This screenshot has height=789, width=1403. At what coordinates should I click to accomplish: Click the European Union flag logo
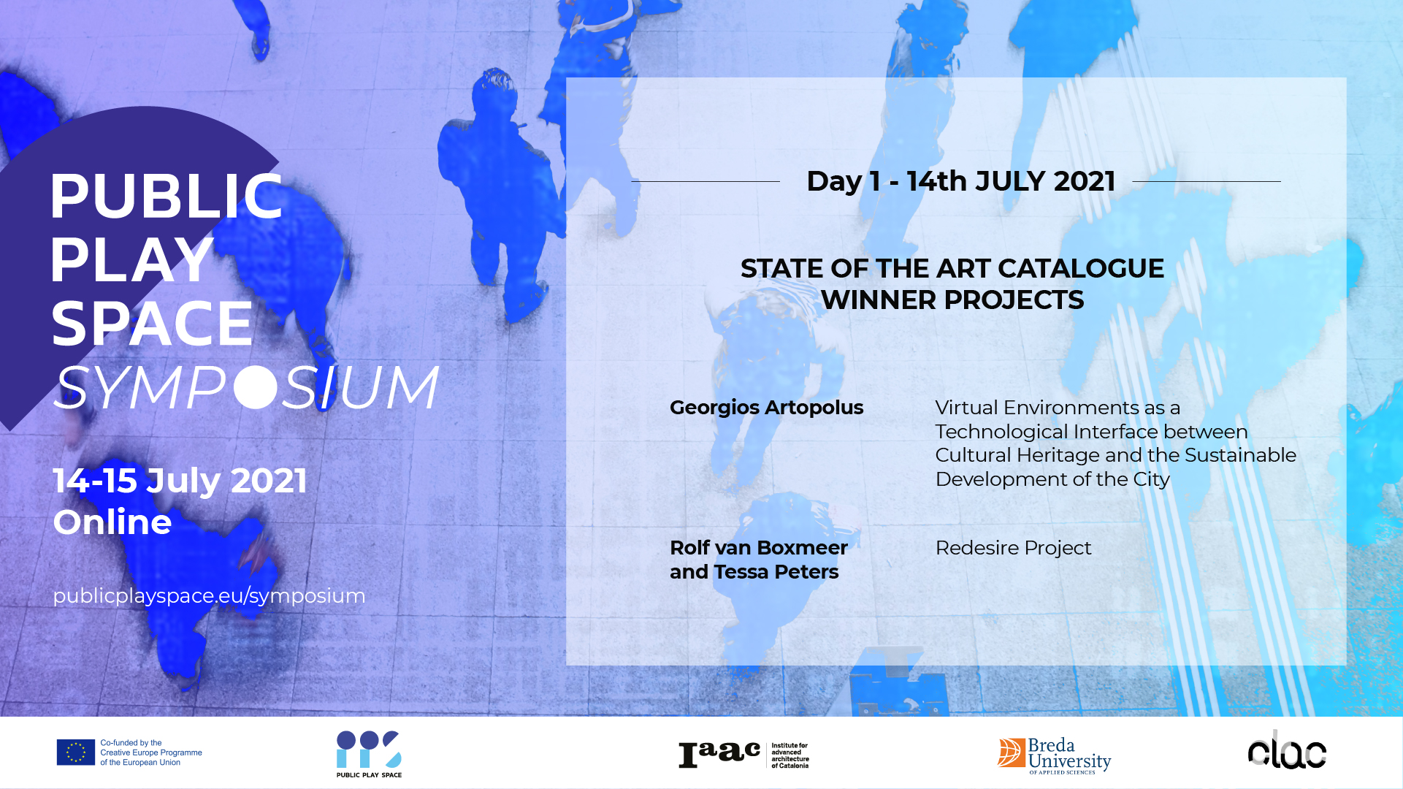[x=76, y=752]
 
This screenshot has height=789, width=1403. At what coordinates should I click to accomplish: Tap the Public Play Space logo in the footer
[x=369, y=754]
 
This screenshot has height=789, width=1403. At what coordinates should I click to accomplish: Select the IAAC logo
[x=743, y=755]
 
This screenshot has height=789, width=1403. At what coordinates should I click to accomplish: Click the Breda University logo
[x=1054, y=755]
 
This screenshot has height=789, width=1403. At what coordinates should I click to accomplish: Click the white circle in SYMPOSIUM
[x=256, y=386]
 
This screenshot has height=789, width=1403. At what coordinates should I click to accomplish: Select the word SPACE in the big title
[x=152, y=324]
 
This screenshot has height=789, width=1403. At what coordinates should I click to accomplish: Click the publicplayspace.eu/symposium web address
[x=209, y=596]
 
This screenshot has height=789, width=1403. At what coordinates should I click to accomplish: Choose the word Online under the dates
[x=112, y=522]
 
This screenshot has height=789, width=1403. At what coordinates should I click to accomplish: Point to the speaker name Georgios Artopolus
[x=766, y=408]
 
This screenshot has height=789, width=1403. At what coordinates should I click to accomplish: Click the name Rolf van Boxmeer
[x=759, y=548]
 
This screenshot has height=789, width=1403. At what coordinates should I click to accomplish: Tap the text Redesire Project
[x=1013, y=548]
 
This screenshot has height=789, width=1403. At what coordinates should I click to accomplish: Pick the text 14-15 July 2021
[x=180, y=481]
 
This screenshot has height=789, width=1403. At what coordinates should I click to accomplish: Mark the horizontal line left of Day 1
[x=706, y=181]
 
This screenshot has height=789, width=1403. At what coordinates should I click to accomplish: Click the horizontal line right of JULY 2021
[x=1207, y=181]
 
